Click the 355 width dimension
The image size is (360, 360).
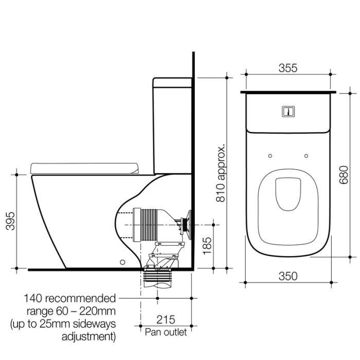click(288, 68)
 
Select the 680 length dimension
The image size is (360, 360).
click(344, 176)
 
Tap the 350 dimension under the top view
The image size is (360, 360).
click(288, 276)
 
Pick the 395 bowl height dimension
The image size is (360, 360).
click(10, 221)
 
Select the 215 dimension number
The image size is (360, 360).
click(166, 319)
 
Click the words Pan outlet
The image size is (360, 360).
click(166, 332)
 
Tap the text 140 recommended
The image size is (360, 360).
click(70, 298)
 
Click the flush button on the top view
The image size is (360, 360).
click(288, 111)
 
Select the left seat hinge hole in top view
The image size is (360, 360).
click(269, 155)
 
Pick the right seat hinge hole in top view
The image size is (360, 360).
click(307, 155)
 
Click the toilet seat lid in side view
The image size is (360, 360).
click(85, 167)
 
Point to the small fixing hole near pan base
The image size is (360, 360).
click(122, 262)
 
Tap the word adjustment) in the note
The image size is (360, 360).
click(88, 337)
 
